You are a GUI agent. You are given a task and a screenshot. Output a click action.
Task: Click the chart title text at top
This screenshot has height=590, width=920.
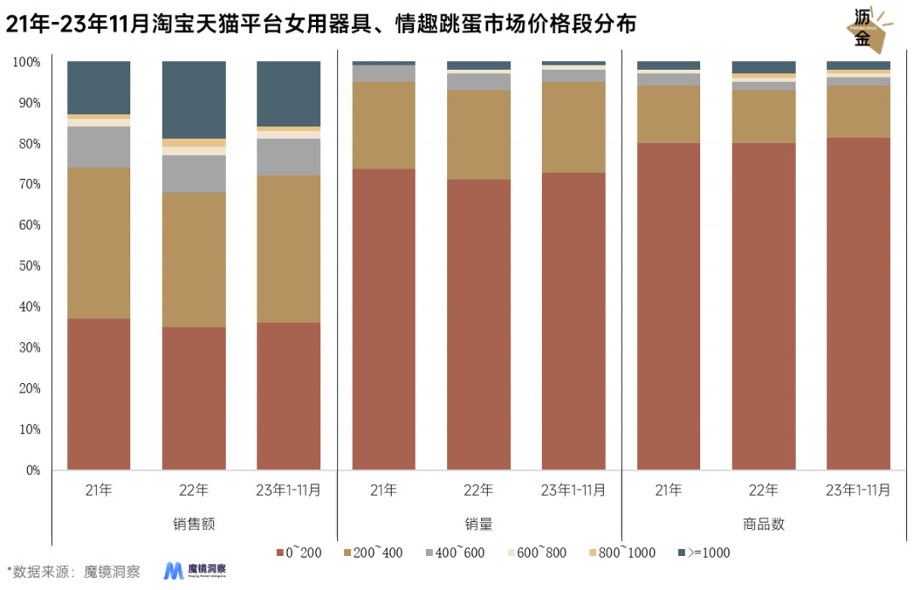click(321, 26)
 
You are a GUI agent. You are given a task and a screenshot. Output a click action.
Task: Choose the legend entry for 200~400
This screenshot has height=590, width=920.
click(374, 553)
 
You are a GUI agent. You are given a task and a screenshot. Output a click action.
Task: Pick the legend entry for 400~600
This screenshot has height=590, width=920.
click(456, 553)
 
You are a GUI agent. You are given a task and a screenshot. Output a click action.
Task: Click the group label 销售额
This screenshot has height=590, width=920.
click(194, 524)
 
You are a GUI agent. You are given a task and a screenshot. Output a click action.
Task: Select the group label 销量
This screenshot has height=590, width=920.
click(479, 524)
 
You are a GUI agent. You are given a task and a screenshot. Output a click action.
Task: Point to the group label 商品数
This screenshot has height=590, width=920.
click(763, 524)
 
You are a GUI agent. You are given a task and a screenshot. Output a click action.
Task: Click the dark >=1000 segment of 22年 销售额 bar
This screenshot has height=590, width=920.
click(194, 100)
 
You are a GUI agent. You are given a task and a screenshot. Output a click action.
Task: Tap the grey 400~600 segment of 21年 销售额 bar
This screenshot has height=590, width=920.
click(99, 146)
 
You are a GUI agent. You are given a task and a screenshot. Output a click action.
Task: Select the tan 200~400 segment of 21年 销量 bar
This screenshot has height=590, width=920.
click(383, 125)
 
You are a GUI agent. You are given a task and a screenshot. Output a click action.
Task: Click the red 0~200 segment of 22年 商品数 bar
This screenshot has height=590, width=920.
click(763, 306)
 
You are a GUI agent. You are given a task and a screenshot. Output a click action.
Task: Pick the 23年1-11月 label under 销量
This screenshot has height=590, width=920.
click(573, 490)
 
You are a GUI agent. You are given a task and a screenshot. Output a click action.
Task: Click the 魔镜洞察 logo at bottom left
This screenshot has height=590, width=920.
click(195, 570)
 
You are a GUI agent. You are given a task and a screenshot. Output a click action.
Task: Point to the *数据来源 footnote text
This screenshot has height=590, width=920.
click(73, 571)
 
